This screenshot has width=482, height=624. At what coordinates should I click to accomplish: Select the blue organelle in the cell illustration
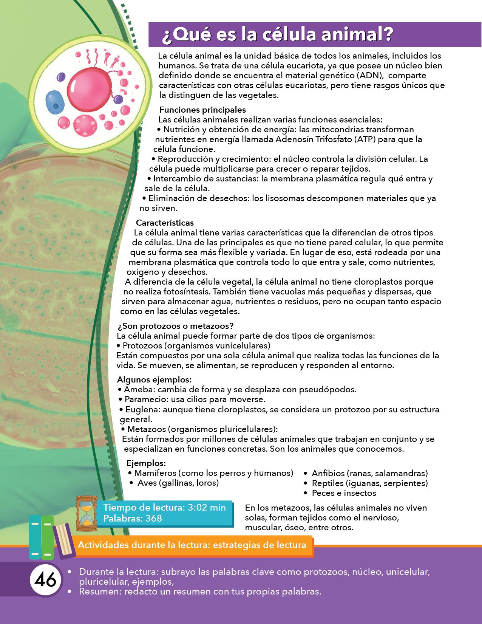56,101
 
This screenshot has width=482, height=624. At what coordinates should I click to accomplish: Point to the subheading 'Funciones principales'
202,110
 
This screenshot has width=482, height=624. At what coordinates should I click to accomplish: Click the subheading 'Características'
165,223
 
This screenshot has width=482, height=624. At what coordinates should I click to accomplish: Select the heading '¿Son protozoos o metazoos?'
175,326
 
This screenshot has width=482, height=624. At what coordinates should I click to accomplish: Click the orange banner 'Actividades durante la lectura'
192,545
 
